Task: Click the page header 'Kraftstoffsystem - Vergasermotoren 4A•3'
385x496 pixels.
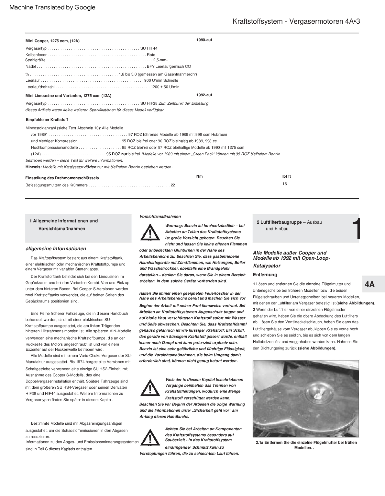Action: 296,21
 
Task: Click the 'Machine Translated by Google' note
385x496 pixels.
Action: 52,7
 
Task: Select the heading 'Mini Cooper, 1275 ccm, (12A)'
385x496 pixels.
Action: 52,41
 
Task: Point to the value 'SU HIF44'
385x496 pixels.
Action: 149,48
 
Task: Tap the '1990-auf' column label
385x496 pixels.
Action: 204,40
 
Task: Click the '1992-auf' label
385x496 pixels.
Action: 204,95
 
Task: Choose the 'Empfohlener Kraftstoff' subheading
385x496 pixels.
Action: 47,120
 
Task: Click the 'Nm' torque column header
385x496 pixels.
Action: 199,176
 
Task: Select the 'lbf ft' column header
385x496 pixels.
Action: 286,176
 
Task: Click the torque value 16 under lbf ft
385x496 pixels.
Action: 284,184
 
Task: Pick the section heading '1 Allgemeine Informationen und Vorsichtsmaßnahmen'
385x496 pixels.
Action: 63,225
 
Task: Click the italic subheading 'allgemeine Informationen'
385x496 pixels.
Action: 56,249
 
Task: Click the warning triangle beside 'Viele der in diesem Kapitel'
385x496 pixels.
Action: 150,387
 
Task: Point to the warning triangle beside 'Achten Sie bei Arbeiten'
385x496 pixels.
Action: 150,437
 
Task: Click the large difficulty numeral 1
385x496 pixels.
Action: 356,229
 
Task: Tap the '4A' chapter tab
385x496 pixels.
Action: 369,284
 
